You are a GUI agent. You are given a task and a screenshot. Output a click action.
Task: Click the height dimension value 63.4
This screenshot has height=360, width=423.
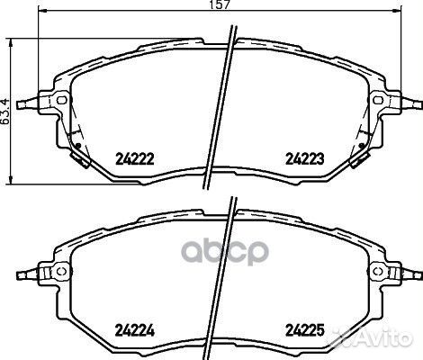point(6,109)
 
